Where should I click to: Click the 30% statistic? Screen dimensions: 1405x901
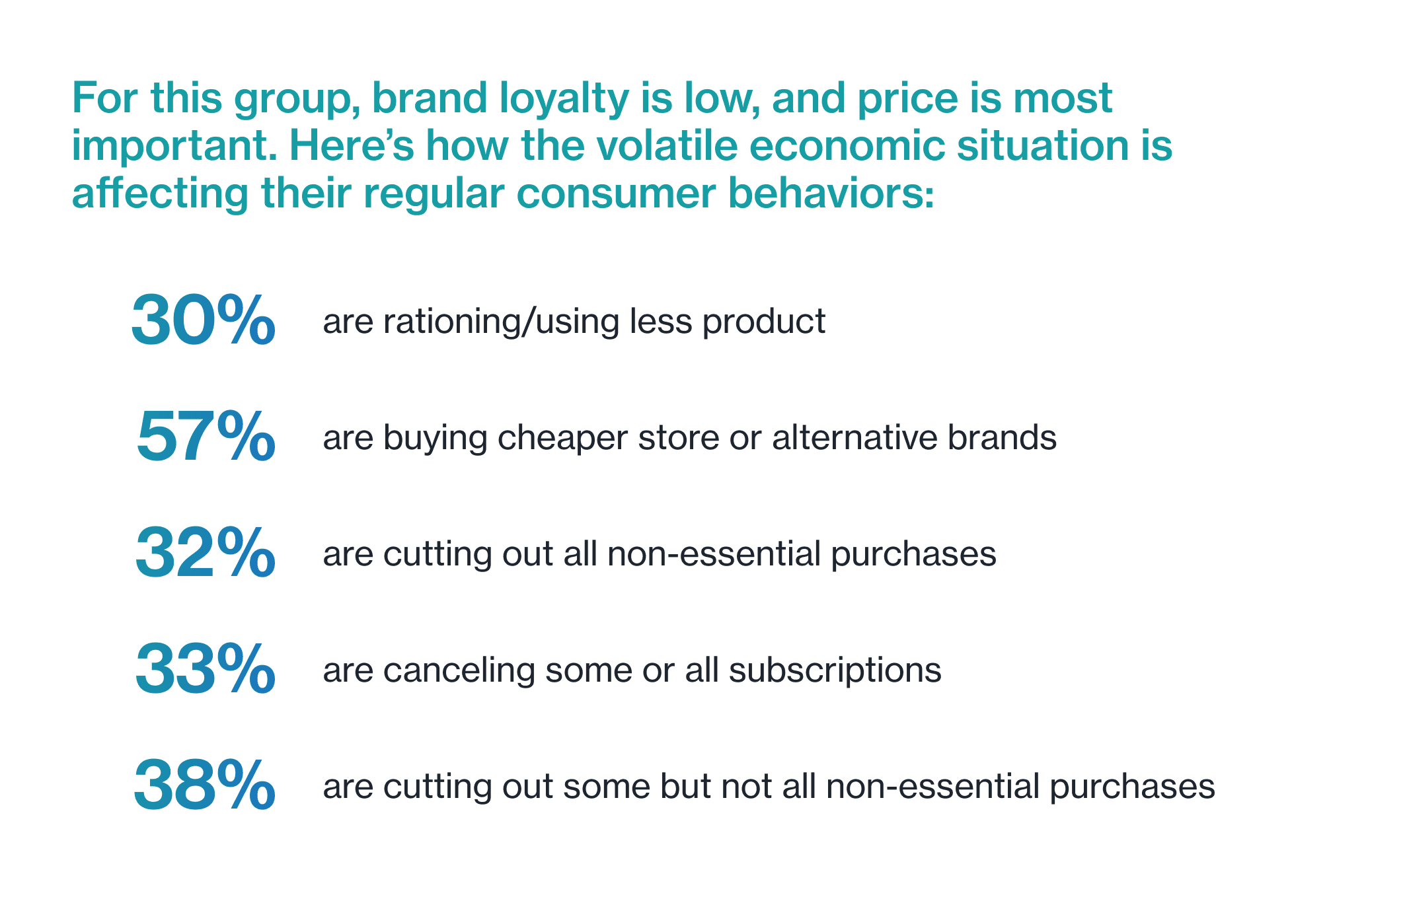tap(204, 320)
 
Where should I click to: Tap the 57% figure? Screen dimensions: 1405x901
tap(206, 437)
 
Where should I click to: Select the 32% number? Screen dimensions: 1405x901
tap(206, 553)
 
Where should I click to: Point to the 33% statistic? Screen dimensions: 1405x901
tap(206, 669)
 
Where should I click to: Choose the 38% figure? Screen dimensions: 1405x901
tap(205, 785)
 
